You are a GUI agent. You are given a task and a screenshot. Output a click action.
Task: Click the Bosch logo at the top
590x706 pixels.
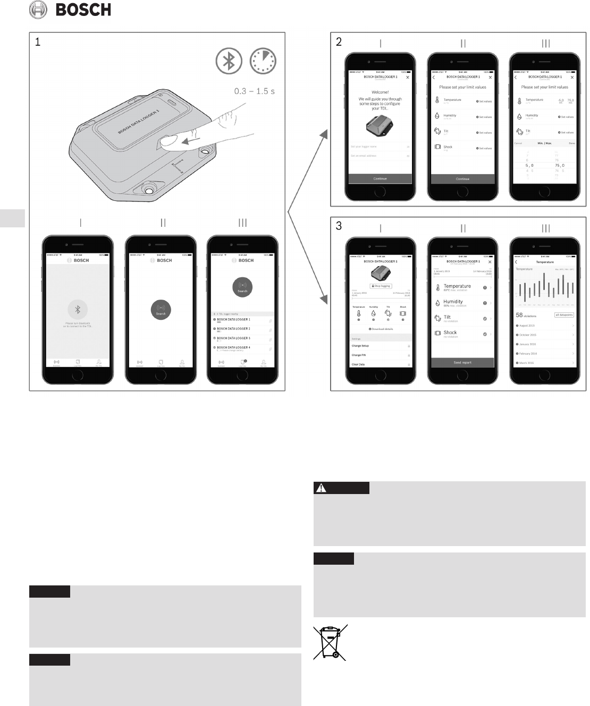point(70,10)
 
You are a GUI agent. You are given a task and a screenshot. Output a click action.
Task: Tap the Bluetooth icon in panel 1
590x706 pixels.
point(229,61)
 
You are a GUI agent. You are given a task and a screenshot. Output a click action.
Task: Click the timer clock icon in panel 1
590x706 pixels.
point(263,61)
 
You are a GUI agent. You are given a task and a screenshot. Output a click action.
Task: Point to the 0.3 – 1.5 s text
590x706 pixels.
point(255,91)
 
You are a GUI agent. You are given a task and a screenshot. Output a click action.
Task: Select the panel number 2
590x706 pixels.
point(339,42)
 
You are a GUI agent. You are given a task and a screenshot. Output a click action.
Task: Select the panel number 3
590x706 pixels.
point(339,226)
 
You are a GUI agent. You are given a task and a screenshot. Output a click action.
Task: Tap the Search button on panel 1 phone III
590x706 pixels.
point(242,288)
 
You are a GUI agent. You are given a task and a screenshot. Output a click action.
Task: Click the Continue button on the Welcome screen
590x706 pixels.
point(380,179)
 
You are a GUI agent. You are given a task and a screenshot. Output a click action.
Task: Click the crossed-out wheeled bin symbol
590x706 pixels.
point(330,642)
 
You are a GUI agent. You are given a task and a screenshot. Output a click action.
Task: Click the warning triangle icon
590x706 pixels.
point(322,487)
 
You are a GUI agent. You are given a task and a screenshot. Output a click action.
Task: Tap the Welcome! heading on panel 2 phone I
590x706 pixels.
point(380,92)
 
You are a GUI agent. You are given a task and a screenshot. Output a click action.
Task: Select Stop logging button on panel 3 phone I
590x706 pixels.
point(381,286)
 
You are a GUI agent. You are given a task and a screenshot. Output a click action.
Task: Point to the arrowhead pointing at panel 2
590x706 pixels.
point(323,136)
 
